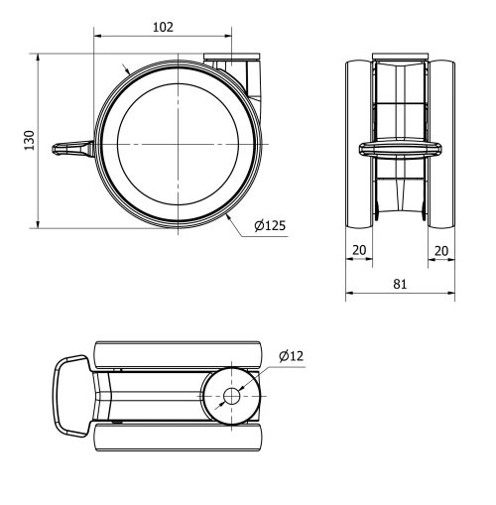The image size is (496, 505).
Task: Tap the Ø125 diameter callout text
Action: (270, 225)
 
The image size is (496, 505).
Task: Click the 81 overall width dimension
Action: (400, 283)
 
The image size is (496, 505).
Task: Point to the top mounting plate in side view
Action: (231, 58)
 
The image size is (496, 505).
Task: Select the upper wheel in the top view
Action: (179, 355)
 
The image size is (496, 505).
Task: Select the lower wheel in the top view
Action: (179, 438)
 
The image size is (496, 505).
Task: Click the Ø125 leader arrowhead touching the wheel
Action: (228, 212)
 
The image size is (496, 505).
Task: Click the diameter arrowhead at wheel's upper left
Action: (126, 69)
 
